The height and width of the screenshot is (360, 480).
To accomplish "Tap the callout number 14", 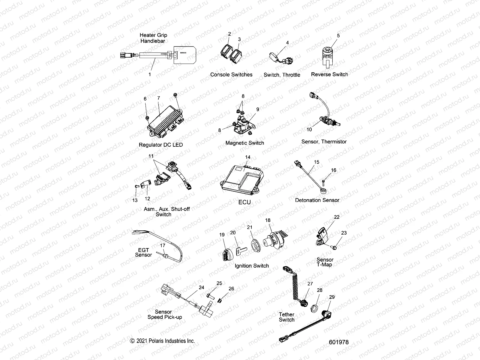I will click(x=247, y=157).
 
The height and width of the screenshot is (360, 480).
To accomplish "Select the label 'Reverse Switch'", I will click(x=329, y=74).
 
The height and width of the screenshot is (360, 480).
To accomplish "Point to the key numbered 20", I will click(x=239, y=249).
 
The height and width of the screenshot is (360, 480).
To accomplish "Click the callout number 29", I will click(x=332, y=297).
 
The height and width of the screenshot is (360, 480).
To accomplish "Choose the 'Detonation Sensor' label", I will click(x=317, y=200).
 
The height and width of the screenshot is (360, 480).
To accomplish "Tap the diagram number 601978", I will click(x=339, y=342).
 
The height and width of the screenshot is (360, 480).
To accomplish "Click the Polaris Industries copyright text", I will click(x=162, y=341).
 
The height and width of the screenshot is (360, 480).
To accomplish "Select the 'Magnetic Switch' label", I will click(x=245, y=143).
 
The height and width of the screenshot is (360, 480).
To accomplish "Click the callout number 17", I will click(x=162, y=245).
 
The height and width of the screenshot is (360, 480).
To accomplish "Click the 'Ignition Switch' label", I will click(x=252, y=266).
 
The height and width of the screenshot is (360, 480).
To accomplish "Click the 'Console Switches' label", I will click(x=231, y=75).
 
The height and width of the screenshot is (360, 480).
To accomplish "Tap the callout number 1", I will click(x=150, y=74).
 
